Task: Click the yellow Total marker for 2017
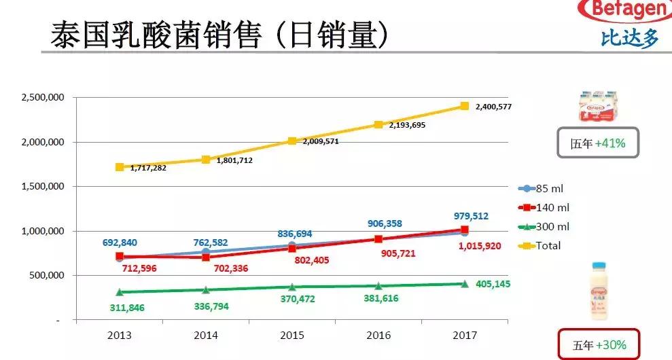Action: click(x=465, y=106)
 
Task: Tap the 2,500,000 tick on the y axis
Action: click(x=43, y=98)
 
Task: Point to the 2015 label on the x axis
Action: click(x=291, y=336)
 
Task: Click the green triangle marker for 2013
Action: click(x=120, y=292)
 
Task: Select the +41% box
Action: click(x=597, y=143)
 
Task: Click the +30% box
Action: click(x=597, y=344)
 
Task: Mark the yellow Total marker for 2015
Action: click(x=292, y=141)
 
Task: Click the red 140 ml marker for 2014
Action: click(x=206, y=257)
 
